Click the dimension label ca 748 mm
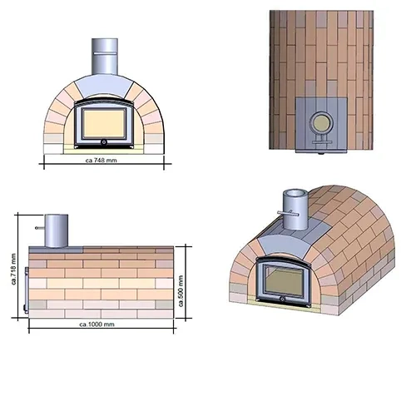tap(102, 161)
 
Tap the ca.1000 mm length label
tap(97, 324)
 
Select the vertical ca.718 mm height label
tap(14, 270)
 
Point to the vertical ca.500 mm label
tap(181, 291)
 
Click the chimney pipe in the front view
tap(105, 57)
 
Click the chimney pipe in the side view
tap(57, 230)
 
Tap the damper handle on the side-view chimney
tap(40, 228)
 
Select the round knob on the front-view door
tap(104, 142)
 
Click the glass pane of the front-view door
tap(104, 123)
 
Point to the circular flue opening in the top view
tap(321, 123)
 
